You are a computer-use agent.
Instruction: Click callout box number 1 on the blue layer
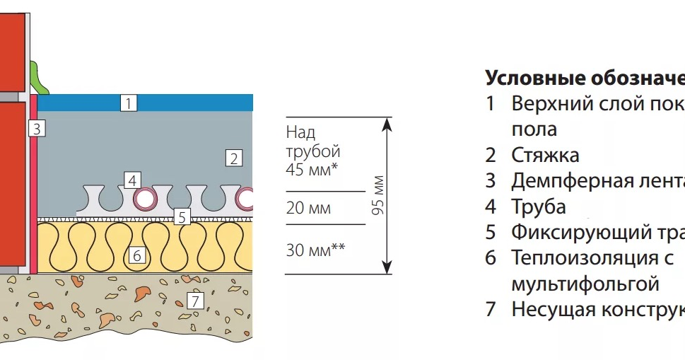(128, 103)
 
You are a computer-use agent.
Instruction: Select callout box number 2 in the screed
(233, 158)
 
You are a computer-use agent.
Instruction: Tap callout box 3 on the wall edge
(37, 128)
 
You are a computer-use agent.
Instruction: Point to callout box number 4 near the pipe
(131, 180)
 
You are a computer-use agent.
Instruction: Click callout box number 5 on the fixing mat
(182, 217)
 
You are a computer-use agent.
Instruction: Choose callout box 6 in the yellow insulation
(137, 255)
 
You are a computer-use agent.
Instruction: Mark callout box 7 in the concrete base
(195, 301)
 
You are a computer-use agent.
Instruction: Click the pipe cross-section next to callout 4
(147, 198)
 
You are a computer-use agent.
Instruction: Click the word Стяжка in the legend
(545, 155)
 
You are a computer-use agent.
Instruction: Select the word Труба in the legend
(539, 207)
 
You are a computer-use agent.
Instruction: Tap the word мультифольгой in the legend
(585, 284)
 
